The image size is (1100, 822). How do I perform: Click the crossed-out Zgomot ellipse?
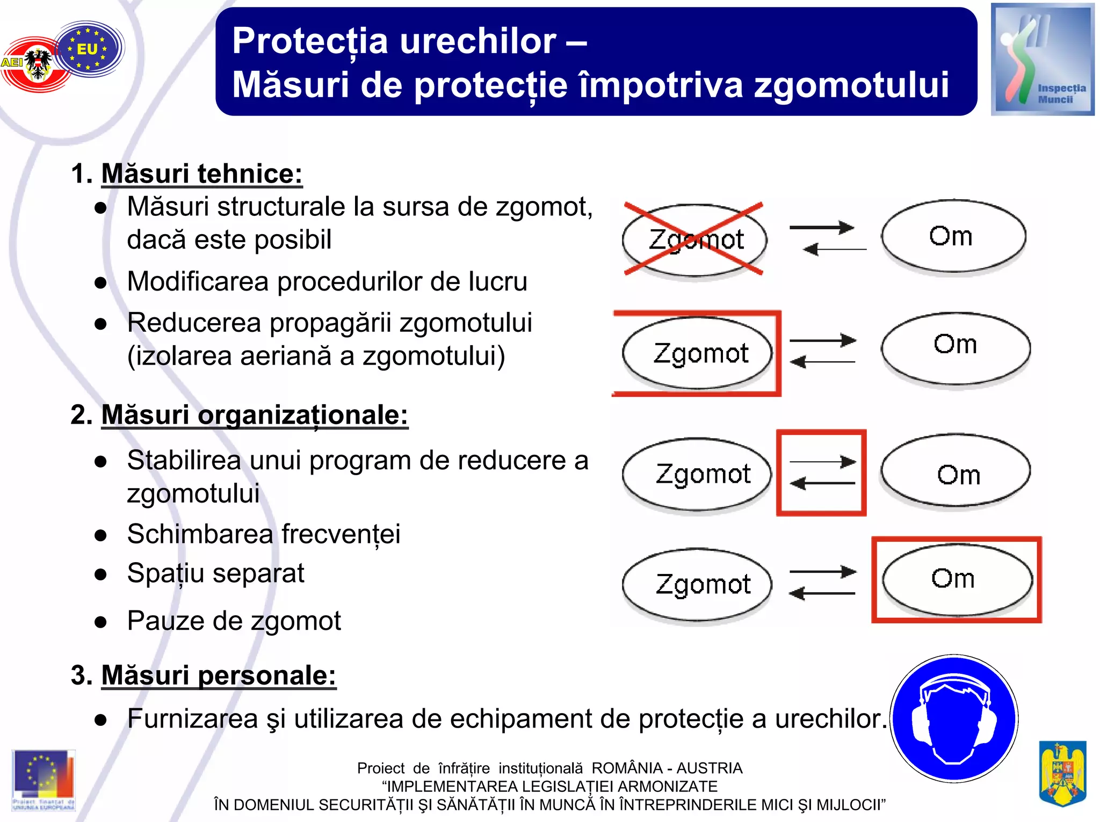695,240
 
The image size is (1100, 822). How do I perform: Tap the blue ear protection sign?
954,718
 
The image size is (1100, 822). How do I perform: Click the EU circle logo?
88,49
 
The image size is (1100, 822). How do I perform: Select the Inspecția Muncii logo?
1042,60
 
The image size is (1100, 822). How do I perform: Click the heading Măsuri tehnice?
201,174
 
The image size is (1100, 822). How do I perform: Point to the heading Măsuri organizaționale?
255,415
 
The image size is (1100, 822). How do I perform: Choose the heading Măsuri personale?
219,675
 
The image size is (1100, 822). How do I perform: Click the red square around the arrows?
821,472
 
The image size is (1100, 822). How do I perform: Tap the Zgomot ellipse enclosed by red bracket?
697,353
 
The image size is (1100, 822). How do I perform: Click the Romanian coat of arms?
1062,773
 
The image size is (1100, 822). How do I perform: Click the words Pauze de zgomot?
234,621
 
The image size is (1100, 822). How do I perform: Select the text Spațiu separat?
215,573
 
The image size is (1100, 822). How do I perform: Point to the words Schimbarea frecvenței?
264,534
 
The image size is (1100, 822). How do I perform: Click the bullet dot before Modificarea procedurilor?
100,283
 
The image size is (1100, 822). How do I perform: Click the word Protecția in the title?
310,41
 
